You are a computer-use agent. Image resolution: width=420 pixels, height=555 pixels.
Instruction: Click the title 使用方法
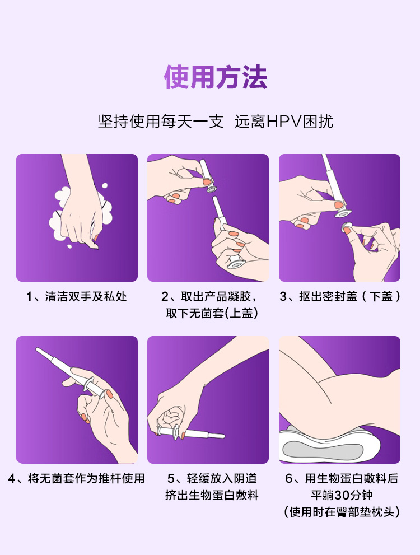coord(216,77)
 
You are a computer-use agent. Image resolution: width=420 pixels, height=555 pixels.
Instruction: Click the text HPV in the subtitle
coord(283,122)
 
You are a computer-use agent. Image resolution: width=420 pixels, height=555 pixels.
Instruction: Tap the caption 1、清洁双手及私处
coord(76,296)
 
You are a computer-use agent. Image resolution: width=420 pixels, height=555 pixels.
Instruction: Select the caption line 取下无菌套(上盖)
coord(212,313)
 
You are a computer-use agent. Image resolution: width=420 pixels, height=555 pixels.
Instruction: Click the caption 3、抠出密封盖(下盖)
coord(340,296)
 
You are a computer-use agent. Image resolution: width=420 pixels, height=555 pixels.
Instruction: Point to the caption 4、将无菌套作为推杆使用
coord(76,478)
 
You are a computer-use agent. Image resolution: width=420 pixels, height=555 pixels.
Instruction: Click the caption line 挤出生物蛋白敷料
coord(212,495)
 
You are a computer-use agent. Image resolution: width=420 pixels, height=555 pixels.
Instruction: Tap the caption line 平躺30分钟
coord(342,495)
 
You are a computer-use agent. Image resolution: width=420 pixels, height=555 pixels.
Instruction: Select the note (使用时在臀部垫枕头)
coord(342,512)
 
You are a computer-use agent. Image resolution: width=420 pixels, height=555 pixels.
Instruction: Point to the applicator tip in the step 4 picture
coord(37,349)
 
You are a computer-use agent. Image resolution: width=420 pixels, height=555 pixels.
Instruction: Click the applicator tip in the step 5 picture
coord(223,436)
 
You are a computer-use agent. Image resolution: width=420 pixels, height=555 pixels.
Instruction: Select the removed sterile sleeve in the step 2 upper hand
coord(208,176)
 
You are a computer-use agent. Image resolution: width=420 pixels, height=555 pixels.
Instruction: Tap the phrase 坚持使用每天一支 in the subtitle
coord(161,122)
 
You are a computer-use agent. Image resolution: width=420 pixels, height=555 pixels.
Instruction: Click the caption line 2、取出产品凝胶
coord(209,296)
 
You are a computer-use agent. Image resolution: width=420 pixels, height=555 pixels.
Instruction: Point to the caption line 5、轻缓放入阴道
coord(212,478)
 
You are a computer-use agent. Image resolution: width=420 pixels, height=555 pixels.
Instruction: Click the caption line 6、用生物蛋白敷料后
coord(342,478)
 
